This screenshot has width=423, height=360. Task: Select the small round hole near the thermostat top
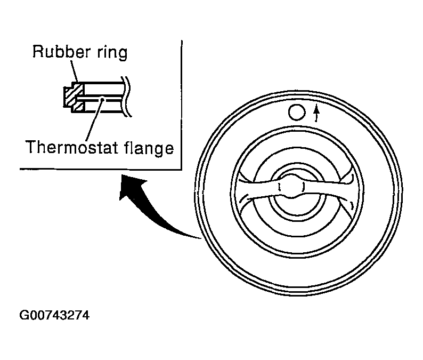[x=296, y=111]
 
